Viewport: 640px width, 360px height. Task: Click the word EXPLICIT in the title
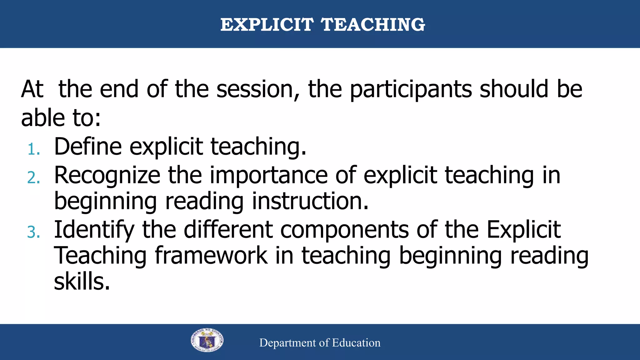pyautogui.click(x=267, y=25)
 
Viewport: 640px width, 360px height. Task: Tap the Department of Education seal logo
pyautogui.click(x=207, y=341)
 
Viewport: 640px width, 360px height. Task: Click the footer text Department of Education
pyautogui.click(x=320, y=343)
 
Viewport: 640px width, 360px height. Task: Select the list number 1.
pyautogui.click(x=33, y=149)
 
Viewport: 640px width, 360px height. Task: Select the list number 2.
pyautogui.click(x=33, y=178)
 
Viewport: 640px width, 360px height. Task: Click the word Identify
pyautogui.click(x=94, y=230)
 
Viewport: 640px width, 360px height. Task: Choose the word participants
pyautogui.click(x=410, y=89)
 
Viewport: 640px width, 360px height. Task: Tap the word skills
pyautogui.click(x=82, y=282)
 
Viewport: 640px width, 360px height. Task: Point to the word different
pyautogui.click(x=228, y=230)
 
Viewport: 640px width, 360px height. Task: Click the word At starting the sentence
pyautogui.click(x=32, y=89)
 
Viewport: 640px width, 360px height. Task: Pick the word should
pyautogui.click(x=514, y=89)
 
